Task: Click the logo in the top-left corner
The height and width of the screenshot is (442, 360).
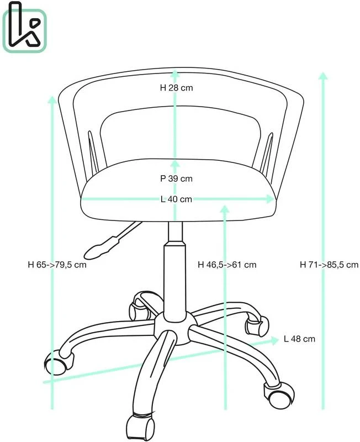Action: (24, 27)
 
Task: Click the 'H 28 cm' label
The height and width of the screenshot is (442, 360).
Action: (177, 88)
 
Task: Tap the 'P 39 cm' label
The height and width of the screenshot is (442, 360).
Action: (177, 178)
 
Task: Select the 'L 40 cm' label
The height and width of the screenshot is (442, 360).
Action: (176, 199)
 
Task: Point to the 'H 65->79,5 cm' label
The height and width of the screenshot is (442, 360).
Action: (57, 265)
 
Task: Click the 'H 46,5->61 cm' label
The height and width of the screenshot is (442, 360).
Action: (227, 265)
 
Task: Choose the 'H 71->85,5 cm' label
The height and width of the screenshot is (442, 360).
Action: (329, 265)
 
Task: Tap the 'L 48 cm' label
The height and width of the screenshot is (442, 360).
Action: (299, 339)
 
